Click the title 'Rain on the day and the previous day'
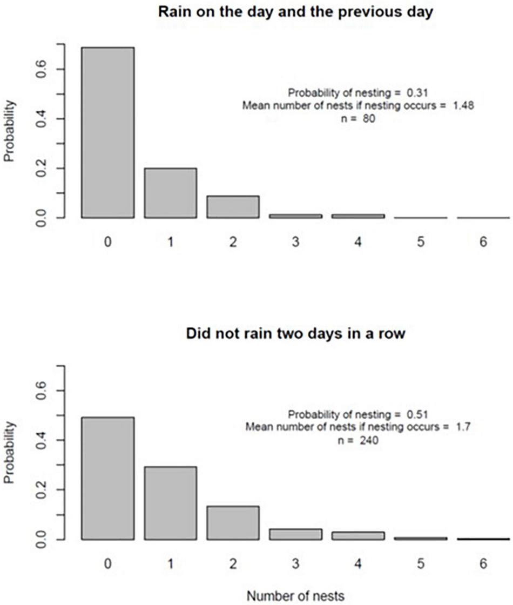[x=295, y=11]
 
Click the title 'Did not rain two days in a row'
[x=295, y=334]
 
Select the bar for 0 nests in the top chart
[x=108, y=133]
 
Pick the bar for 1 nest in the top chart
[x=170, y=193]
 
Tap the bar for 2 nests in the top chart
[x=233, y=207]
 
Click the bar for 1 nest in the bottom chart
[x=170, y=503]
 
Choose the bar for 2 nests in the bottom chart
[x=233, y=522]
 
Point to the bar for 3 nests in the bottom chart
[x=295, y=534]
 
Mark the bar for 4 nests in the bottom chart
[x=358, y=535]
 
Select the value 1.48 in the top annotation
[x=463, y=106]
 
